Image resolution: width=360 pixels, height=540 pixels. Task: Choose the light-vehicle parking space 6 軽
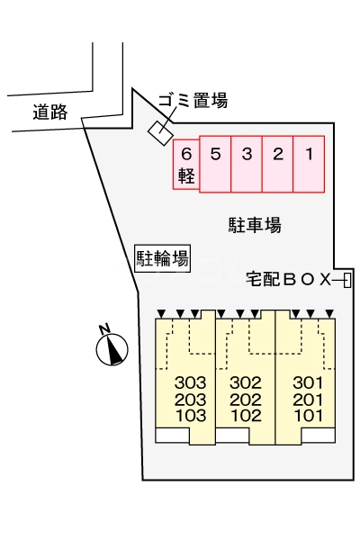click(186, 165)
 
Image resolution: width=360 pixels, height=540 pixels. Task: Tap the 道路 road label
click(49, 113)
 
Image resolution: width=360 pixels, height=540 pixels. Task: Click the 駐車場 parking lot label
click(255, 225)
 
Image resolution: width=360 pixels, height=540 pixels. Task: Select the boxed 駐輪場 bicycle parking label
click(162, 259)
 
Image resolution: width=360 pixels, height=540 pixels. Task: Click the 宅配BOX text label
click(289, 280)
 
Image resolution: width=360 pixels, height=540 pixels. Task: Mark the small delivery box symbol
click(346, 281)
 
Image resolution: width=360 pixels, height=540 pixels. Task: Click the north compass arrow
click(112, 346)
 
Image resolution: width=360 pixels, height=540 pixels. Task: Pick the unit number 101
click(307, 415)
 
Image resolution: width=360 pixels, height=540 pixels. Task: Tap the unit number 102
click(246, 415)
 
